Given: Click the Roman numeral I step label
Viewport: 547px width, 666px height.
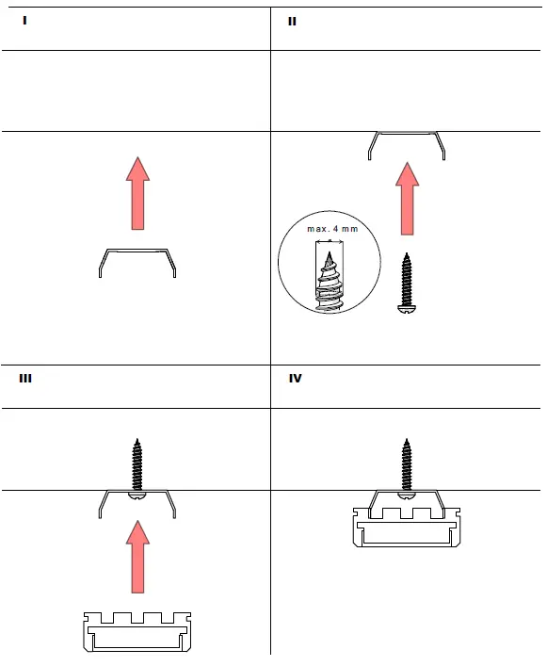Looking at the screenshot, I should [x=25, y=19].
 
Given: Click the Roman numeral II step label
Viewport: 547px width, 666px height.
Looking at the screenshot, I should [x=292, y=20].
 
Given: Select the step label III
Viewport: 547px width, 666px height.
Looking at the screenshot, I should [x=26, y=378].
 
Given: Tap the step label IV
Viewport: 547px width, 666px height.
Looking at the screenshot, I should [x=295, y=378].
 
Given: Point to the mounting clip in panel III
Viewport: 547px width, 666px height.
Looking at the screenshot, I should [x=138, y=504].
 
